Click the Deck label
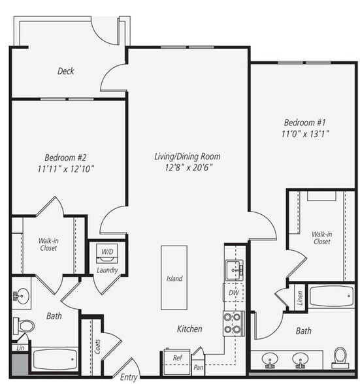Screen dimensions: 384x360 tap(65, 71)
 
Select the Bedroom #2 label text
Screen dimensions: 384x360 tap(65, 157)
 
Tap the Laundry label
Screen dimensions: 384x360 tap(106, 270)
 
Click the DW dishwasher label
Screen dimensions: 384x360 tap(233, 294)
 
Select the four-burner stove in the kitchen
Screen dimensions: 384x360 tap(233, 321)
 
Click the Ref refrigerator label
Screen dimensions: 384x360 tap(177, 358)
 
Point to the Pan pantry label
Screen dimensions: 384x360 tap(197, 367)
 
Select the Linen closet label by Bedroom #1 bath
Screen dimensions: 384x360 tap(301, 298)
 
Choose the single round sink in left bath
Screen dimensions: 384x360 tap(22, 297)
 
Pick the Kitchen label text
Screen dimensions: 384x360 tap(189, 329)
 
